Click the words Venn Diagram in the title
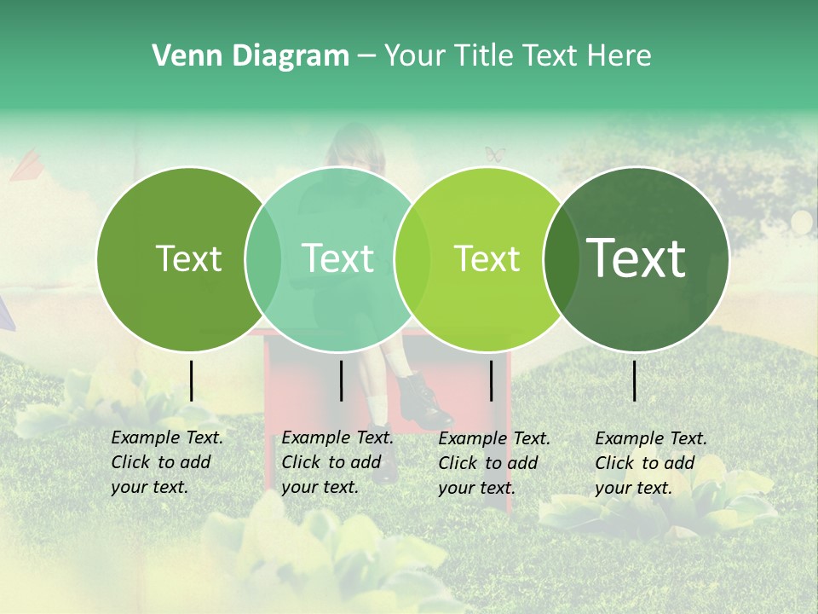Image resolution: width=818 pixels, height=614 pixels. tap(251, 56)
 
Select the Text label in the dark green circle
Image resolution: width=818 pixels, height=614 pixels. tap(637, 258)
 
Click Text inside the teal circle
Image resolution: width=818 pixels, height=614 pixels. tap(337, 258)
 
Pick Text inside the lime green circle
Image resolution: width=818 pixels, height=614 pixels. tap(487, 258)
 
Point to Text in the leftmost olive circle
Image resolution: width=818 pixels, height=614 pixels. tap(188, 258)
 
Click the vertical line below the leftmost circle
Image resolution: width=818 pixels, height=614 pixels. tap(192, 380)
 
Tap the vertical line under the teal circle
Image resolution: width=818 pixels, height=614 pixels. tap(341, 380)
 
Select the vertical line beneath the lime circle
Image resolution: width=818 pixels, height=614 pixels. tap(491, 380)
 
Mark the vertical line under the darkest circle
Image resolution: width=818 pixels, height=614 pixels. tap(635, 380)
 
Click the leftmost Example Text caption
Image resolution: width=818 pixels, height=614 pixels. tap(166, 462)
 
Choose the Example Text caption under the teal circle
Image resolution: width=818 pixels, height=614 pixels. tap(337, 462)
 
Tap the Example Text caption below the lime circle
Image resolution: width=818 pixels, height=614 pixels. tap(493, 463)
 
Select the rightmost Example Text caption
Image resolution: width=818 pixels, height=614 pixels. tap(650, 463)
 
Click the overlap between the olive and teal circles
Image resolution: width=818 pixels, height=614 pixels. tap(263, 259)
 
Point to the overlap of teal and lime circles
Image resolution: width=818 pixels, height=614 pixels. tap(412, 259)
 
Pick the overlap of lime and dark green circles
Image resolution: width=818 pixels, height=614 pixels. tap(561, 259)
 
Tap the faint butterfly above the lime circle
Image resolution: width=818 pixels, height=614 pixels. tap(495, 154)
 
